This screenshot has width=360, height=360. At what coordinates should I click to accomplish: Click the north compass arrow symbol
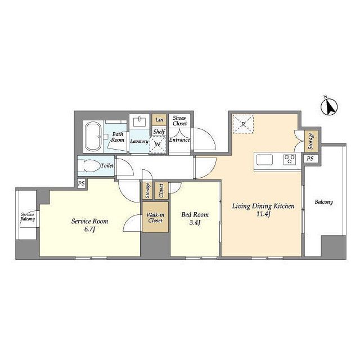pyautogui.click(x=329, y=106)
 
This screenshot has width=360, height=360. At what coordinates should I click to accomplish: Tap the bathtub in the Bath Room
pyautogui.click(x=94, y=136)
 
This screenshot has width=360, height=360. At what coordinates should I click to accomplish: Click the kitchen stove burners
pyautogui.click(x=290, y=159)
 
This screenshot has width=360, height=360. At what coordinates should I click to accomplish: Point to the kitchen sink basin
pyautogui.click(x=265, y=160)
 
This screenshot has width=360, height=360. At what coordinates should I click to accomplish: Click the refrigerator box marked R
pyautogui.click(x=243, y=124)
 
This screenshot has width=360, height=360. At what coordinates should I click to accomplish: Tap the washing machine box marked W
pyautogui.click(x=157, y=144)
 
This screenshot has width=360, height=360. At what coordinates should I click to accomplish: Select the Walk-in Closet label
pyautogui.click(x=155, y=218)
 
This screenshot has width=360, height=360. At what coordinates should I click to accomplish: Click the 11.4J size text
pyautogui.click(x=263, y=214)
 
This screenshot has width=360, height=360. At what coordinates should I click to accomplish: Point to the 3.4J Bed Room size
pyautogui.click(x=195, y=223)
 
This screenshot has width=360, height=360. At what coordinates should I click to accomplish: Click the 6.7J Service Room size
pyautogui.click(x=89, y=229)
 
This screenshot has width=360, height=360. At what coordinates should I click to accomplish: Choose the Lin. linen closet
pyautogui.click(x=159, y=120)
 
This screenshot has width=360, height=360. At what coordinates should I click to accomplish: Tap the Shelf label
pyautogui.click(x=159, y=132)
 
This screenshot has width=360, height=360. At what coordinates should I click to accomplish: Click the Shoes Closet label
pyautogui.click(x=179, y=121)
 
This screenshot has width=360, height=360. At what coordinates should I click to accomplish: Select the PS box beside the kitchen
pyautogui.click(x=310, y=159)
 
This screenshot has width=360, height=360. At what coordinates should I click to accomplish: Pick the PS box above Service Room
pyautogui.click(x=81, y=183)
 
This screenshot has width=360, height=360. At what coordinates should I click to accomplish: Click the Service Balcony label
pyautogui.click(x=28, y=217)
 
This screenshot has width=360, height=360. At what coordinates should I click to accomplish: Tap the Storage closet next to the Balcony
pyautogui.click(x=311, y=141)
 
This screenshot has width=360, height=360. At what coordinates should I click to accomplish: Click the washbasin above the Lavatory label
pyautogui.click(x=139, y=121)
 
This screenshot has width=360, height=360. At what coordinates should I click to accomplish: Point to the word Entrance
pyautogui.click(x=179, y=140)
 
